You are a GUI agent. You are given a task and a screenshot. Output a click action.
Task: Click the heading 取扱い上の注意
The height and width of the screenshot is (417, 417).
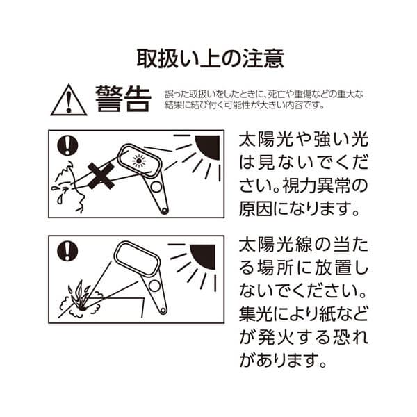click(208, 57)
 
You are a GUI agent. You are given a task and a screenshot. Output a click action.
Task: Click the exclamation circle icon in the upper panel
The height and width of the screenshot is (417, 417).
click(67, 145)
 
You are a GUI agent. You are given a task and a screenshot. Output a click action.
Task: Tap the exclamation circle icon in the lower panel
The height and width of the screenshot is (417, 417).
click(67, 250)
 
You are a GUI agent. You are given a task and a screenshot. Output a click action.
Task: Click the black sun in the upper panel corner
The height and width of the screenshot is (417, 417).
click(208, 147)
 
